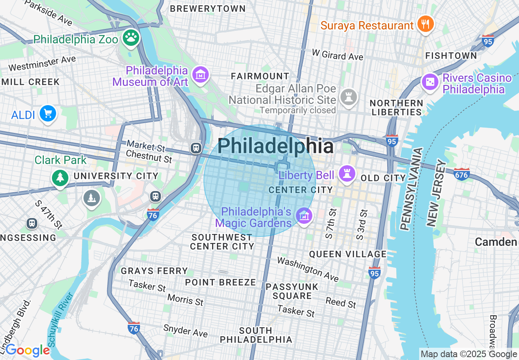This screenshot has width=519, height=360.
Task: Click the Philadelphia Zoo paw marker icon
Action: tap(131, 38)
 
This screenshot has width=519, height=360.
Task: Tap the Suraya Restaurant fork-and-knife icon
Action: tap(426, 25)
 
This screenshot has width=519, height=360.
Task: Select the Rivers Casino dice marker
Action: tap(430, 82)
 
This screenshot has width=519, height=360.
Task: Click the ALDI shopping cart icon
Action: tap(47, 114)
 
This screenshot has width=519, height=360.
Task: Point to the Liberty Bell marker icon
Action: tap(348, 174)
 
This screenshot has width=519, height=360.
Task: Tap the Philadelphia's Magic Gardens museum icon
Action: tap(304, 216)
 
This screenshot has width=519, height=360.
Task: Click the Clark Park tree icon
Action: tap(60, 178)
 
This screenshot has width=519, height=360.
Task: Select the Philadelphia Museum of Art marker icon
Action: tap(201, 75)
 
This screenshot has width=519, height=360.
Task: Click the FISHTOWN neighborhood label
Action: tap(451, 56)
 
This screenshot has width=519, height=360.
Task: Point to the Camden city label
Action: tap(496, 242)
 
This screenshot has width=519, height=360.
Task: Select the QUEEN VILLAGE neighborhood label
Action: tap(348, 254)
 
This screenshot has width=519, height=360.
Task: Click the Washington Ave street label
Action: tap(308, 269)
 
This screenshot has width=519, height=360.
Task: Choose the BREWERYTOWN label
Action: tap(208, 9)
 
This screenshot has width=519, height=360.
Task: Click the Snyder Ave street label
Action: tap(185, 330)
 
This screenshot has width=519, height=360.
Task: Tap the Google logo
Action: tap(27, 351)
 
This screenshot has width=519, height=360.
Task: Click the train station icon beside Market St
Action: tap(196, 148)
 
